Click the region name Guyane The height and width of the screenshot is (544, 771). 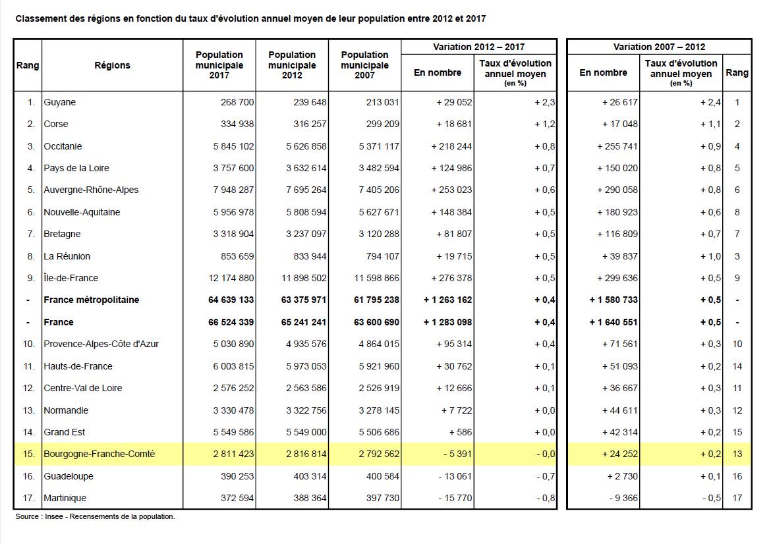59,102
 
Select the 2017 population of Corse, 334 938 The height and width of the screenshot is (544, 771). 233,124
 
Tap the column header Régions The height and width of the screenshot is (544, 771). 112,65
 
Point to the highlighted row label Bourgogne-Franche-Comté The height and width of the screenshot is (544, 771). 99,454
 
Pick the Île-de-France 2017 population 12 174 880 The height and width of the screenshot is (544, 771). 231,278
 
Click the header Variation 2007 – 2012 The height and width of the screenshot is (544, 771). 659,47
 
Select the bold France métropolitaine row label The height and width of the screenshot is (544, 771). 91,300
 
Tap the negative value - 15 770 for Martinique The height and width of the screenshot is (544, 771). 455,498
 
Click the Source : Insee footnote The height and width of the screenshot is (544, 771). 95,516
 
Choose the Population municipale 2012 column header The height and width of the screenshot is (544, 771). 292,65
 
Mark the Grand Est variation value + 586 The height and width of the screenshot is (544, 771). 461,432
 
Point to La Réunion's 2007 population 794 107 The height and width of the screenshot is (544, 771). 378,256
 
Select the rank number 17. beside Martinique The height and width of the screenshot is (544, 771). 29,498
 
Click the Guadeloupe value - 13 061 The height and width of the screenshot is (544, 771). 455,476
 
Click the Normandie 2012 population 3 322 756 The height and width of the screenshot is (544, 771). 303,410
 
